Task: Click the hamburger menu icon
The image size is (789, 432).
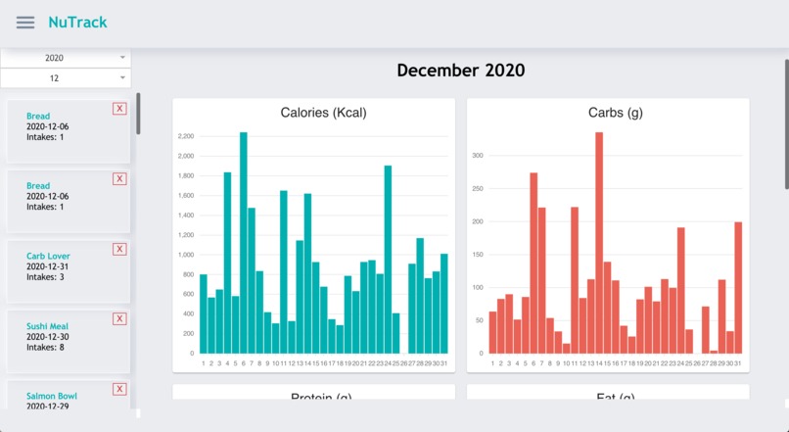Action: [x=25, y=23]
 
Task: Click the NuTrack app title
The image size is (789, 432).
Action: [x=77, y=23]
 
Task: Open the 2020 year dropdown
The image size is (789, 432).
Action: [x=66, y=58]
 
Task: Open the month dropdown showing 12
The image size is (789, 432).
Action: [x=66, y=77]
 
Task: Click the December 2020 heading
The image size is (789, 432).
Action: [x=460, y=71]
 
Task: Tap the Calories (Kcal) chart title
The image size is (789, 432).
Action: [x=323, y=113]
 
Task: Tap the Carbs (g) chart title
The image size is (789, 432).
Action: [x=615, y=113]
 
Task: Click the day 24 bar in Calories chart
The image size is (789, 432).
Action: [x=388, y=260]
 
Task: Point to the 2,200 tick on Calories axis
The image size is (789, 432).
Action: [x=186, y=136]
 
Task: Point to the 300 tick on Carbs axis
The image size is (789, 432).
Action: [x=478, y=156]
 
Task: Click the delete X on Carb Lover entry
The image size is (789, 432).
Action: [x=119, y=249]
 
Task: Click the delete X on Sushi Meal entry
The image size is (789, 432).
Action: [x=119, y=318]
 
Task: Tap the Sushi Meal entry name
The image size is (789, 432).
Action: [x=47, y=326]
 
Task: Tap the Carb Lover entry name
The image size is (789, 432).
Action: [x=48, y=257]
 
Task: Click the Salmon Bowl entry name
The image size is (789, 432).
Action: [x=51, y=396]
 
